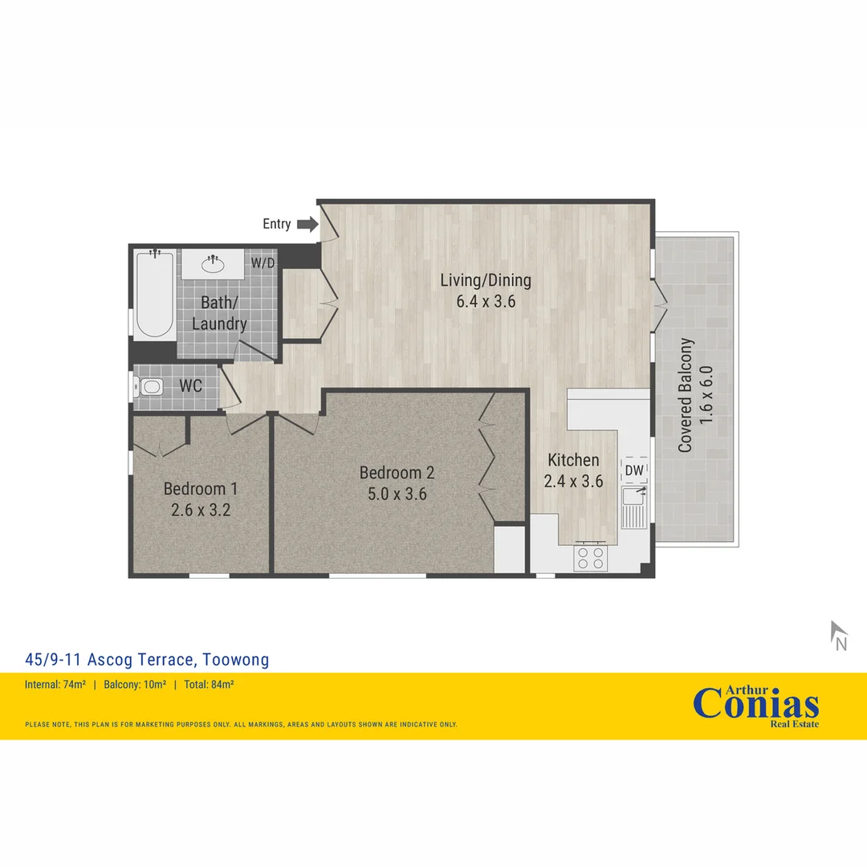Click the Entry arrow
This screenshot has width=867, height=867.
pos(307,224)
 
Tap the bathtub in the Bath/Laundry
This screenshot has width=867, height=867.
pos(155,295)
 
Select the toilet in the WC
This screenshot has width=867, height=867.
pos(149,387)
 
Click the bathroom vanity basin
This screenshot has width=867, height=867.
pos(213,263)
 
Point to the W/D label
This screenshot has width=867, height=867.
pos(262,263)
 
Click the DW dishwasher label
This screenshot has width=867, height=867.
pos(634,470)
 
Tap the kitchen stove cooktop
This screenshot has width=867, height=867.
pos(591,556)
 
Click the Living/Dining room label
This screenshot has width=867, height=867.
pos(486,280)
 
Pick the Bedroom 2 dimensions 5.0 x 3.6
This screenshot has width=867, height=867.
pos(397,494)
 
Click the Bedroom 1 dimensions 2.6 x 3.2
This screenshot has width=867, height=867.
pos(201,509)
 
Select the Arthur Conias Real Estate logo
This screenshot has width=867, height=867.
pos(756,705)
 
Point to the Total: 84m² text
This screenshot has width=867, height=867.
pos(209,685)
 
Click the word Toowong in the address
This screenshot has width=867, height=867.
pos(236,660)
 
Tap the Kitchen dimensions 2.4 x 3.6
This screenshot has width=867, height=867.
pos(573,481)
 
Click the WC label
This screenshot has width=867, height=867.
pos(190,386)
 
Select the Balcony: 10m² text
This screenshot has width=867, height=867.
pos(135,685)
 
